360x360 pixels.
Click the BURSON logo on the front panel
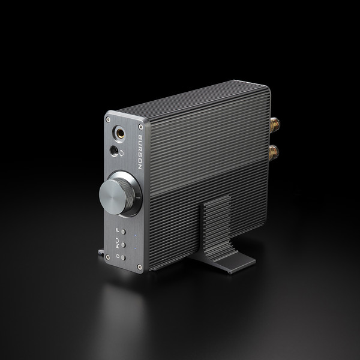[140, 152]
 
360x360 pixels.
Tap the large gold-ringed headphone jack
[119, 133]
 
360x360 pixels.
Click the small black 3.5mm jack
[114, 151]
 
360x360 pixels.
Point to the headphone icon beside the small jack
[121, 153]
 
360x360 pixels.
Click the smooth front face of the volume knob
[113, 197]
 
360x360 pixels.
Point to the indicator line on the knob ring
[139, 197]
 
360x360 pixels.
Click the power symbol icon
[118, 256]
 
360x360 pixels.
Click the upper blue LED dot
[135, 235]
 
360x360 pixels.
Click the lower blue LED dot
[135, 248]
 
